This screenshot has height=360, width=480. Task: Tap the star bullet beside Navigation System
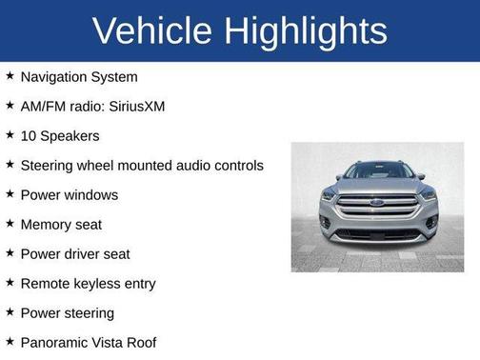click(10, 76)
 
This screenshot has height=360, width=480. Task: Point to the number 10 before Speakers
click(29, 135)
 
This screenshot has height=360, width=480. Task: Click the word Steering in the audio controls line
click(50, 166)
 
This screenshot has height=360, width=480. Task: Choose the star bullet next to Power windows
click(10, 194)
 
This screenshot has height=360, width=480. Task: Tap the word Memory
click(47, 225)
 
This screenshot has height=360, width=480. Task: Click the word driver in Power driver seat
click(86, 254)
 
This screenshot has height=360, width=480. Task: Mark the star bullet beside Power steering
click(10, 312)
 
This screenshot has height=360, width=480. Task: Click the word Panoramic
click(55, 342)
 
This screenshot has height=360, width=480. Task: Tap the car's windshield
click(378, 171)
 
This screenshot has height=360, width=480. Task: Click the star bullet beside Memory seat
click(10, 224)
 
